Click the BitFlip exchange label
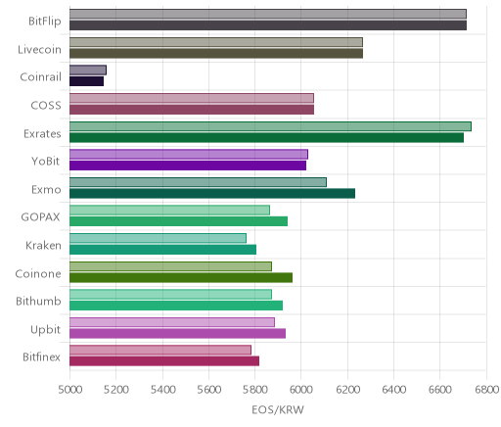[x=45, y=21]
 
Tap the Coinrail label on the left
[x=40, y=77]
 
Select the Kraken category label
[x=43, y=245]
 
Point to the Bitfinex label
[x=41, y=356]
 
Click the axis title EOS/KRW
[x=278, y=409]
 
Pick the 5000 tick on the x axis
[x=70, y=390]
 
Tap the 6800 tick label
[x=487, y=390]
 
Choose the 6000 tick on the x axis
[x=301, y=390]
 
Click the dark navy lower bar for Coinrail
[x=86, y=81]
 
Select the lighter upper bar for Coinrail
[x=88, y=71]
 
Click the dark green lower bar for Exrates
[x=266, y=137]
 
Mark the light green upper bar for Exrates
[x=270, y=126]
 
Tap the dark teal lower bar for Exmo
[x=212, y=194]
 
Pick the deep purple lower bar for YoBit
[x=188, y=166]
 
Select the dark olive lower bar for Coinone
[x=181, y=278]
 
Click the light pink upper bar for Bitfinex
[x=160, y=350]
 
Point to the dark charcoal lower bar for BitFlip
[x=268, y=25]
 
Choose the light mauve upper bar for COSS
[x=192, y=98]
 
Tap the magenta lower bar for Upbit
[x=177, y=333]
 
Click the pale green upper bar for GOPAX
[x=169, y=211]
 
